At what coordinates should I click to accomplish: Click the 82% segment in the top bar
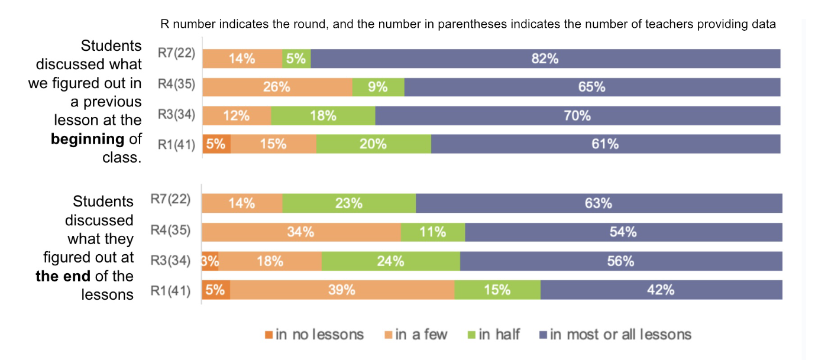pos(545,59)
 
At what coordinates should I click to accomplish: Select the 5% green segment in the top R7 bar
pos(296,59)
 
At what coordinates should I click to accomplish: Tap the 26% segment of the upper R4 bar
pos(277,87)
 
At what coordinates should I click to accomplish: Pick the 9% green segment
pos(378,87)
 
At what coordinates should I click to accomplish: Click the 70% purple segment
pos(577,115)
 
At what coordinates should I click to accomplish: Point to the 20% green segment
pos(373,144)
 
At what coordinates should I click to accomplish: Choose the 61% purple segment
pos(605,144)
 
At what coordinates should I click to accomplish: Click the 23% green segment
pos(349,203)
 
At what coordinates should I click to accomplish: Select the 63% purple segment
pos(599,203)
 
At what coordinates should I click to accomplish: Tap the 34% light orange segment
pos(301,232)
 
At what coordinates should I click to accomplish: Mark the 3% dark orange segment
pos(211,261)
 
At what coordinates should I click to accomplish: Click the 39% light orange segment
pos(342,290)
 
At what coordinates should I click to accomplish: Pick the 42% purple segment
pos(661,290)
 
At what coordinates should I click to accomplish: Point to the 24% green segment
pos(390,261)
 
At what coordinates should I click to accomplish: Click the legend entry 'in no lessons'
pos(314,335)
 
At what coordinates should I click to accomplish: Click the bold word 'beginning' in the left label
pos(88,140)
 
